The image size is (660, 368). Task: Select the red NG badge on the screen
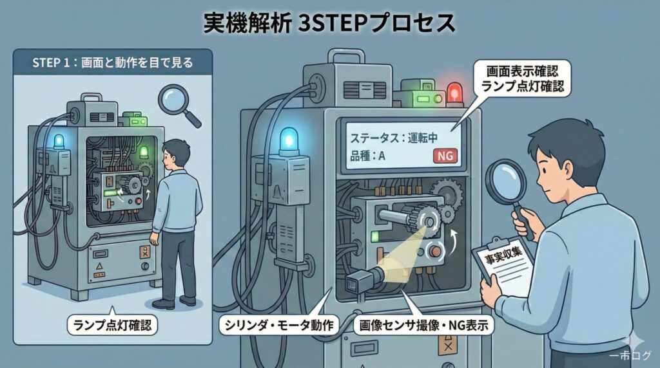pyautogui.click(x=443, y=156)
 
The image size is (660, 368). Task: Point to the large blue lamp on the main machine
pyautogui.click(x=288, y=140)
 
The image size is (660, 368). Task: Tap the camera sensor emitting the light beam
pyautogui.click(x=362, y=281)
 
